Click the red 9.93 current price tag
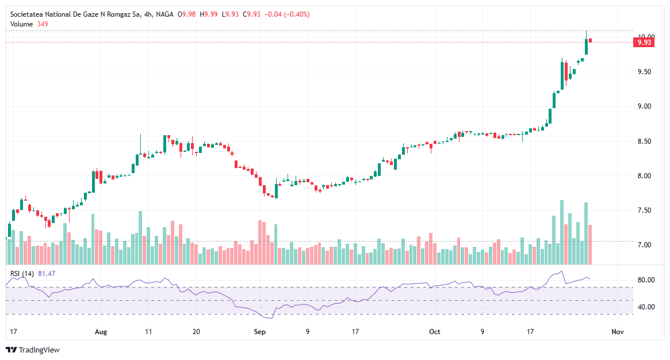[x=645, y=42]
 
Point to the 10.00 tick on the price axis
[x=645, y=36]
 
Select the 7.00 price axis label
[x=645, y=245]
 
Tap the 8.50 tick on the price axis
[x=645, y=141]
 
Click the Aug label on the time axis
[x=101, y=332]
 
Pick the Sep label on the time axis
[x=259, y=332]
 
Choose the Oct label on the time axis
[x=435, y=332]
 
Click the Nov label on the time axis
[x=618, y=332]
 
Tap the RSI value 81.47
[x=47, y=273]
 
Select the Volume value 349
[x=43, y=24]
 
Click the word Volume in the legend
[x=22, y=24]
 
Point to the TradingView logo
[x=33, y=350]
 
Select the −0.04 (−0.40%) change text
[x=286, y=14]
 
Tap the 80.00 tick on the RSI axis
[x=645, y=280]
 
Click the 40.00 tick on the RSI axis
[x=645, y=307]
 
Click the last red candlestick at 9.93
[x=591, y=40]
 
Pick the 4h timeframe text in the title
[x=147, y=14]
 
